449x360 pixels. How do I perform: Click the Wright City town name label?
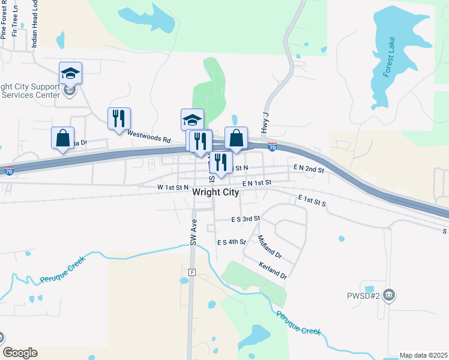215,193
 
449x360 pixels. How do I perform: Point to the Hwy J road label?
264,124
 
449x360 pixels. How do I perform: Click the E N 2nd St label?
309,169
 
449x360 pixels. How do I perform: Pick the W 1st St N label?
173,188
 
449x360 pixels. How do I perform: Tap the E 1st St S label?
312,200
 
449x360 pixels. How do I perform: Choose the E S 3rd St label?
246,219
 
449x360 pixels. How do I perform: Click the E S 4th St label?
232,242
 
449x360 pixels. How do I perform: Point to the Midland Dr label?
270,247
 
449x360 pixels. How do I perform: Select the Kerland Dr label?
273,271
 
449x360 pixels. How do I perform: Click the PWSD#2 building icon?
389,295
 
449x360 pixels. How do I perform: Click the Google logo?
19,353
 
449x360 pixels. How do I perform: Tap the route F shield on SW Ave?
192,272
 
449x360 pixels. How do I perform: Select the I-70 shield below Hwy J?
272,146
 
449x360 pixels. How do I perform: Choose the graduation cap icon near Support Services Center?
70,73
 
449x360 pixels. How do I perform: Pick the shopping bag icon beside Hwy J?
237,137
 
